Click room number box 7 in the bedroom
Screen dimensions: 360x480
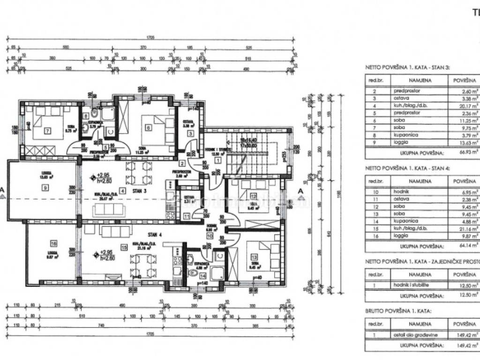(x=47, y=130)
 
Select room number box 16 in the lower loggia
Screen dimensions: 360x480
(x=53, y=243)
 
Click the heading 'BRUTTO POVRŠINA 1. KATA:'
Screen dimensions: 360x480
(x=401, y=310)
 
